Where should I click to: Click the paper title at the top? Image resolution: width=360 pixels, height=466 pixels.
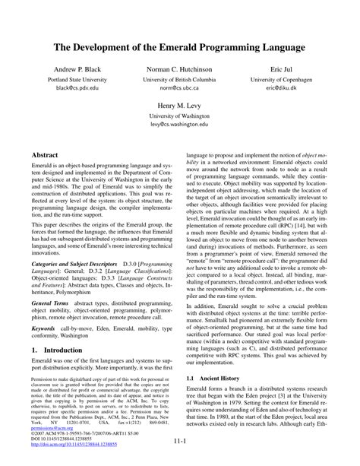[179, 47]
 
